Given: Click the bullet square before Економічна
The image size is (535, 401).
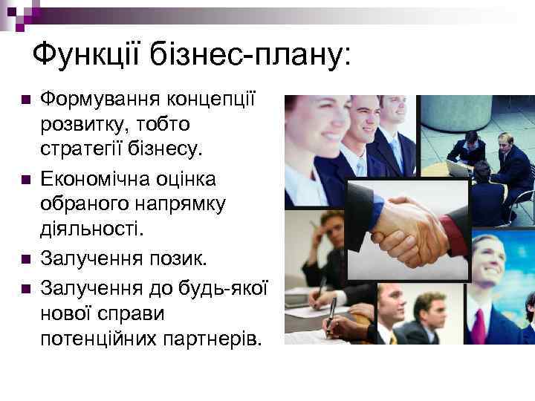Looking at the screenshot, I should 25,179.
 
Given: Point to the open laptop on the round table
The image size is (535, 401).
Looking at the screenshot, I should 459,167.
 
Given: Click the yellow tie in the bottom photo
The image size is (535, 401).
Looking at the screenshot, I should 393,338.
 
